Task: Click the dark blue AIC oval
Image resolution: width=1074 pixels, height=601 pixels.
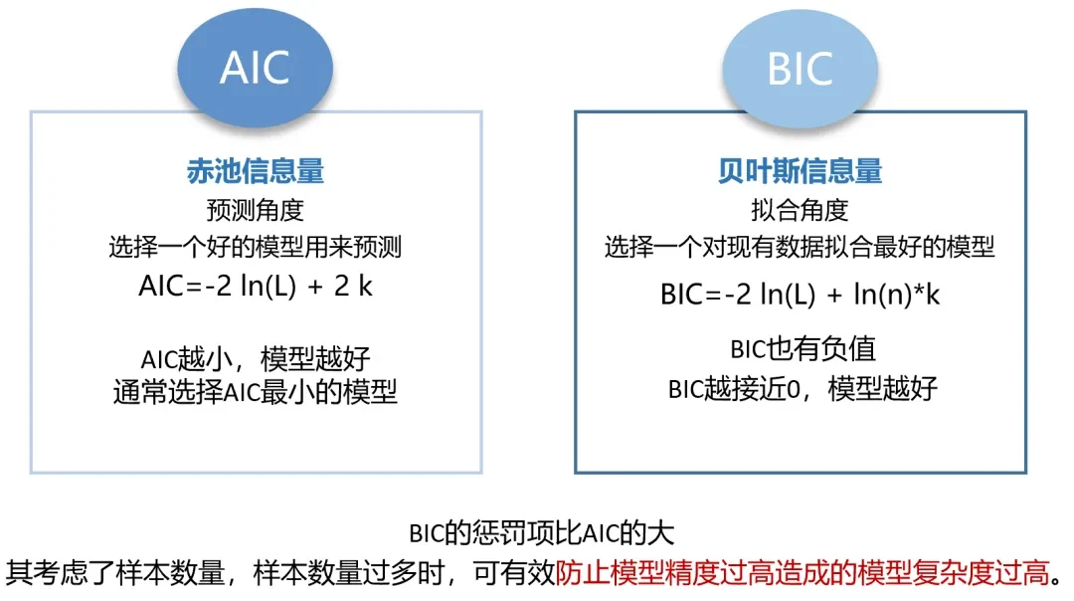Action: tap(255, 67)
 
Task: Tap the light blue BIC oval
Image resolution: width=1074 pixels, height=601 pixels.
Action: tap(800, 67)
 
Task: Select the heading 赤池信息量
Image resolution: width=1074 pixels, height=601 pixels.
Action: tap(256, 171)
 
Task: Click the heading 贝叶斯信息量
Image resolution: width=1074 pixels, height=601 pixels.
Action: tap(801, 171)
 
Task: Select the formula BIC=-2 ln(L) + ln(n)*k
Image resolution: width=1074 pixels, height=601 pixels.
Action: tap(801, 295)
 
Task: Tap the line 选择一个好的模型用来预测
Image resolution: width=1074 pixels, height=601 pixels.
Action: tap(256, 247)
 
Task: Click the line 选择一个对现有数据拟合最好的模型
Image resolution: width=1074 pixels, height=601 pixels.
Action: tap(801, 247)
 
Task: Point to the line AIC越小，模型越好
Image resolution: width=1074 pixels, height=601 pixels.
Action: tap(256, 356)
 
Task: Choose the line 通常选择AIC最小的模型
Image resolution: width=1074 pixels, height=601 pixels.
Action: tap(256, 392)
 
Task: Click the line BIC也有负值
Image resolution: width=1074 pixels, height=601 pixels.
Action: tap(801, 350)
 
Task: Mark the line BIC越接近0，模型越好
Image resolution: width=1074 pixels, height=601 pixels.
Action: tap(801, 388)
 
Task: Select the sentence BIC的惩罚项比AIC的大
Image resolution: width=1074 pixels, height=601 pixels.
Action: tap(542, 532)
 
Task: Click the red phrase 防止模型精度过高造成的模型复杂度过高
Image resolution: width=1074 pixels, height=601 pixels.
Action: tap(804, 572)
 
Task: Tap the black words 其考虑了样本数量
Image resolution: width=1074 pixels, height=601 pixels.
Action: tap(118, 572)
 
